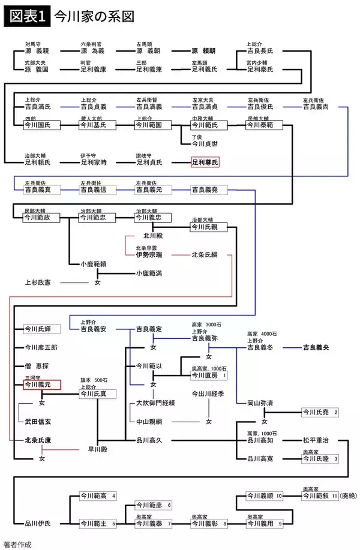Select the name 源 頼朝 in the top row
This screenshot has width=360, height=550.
(x=205, y=52)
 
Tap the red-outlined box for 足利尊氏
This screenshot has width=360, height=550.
(x=205, y=163)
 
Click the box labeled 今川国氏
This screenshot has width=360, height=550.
(x=37, y=127)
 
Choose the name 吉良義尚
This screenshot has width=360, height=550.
(x=316, y=107)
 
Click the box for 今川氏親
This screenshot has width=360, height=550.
(x=205, y=227)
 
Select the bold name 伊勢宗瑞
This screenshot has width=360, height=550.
(x=149, y=255)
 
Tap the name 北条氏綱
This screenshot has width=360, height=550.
(x=205, y=255)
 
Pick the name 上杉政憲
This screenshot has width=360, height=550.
(x=37, y=282)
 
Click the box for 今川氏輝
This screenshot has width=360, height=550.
(x=37, y=329)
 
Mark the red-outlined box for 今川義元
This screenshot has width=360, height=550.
(x=41, y=384)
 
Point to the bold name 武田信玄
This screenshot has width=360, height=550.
(x=37, y=422)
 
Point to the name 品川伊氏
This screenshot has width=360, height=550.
(x=37, y=524)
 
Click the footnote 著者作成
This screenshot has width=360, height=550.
(x=16, y=545)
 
